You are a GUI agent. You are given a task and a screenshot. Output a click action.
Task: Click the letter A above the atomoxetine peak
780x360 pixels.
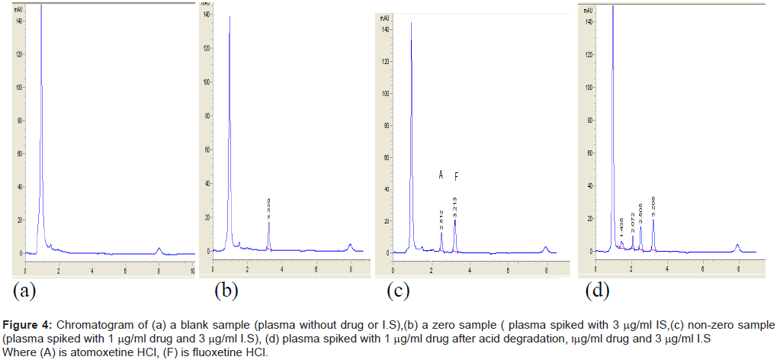point(441,175)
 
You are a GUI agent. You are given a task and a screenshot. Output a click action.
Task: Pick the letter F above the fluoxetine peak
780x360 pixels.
point(456,177)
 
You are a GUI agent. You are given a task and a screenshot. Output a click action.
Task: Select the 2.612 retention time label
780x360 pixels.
point(441,219)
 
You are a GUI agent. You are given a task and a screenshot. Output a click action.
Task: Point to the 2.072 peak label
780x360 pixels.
point(632,223)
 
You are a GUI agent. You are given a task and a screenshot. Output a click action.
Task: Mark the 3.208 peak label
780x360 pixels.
point(653,206)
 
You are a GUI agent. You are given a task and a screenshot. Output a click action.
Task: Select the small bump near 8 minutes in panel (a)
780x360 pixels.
point(159,249)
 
